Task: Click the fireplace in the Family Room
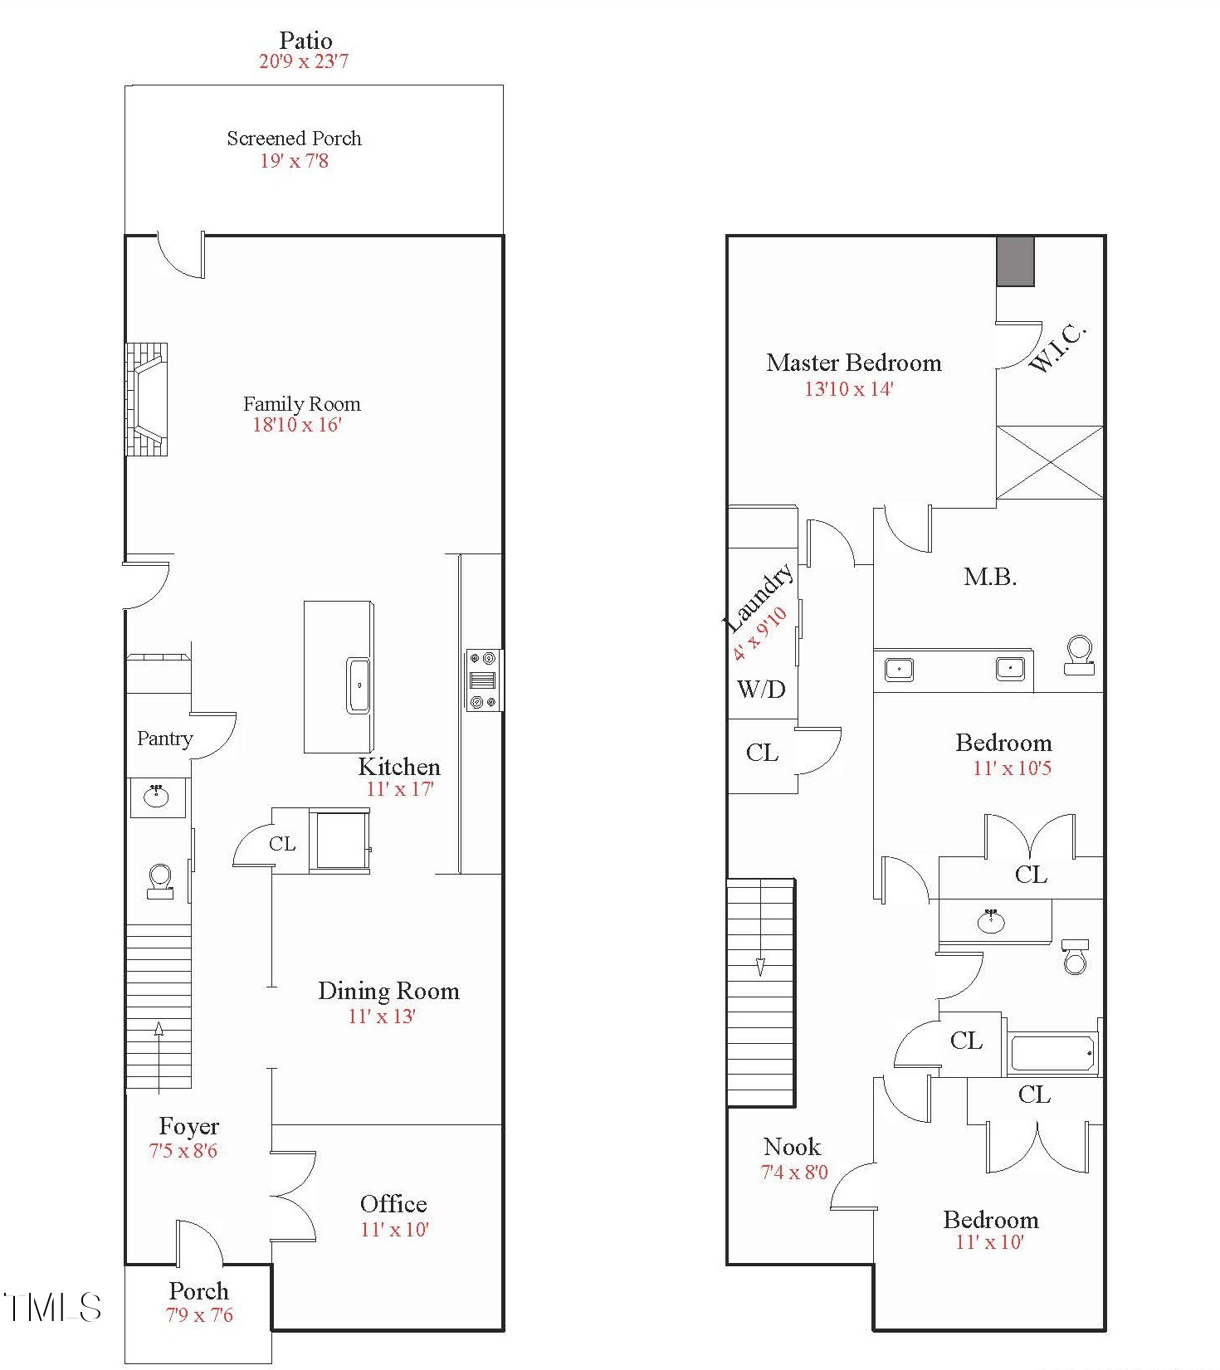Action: tap(147, 399)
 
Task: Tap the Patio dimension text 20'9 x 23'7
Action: tap(304, 61)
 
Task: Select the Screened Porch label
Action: tap(295, 139)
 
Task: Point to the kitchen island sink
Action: tap(359, 685)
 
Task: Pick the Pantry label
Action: tap(165, 739)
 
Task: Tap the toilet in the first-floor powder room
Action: tap(160, 881)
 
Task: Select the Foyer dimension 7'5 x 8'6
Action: tap(183, 1151)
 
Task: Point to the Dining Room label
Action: tap(388, 991)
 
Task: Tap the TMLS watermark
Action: tap(53, 1307)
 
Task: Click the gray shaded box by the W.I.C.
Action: tap(1015, 261)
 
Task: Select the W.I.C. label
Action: tap(1057, 348)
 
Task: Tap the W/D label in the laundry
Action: tap(761, 689)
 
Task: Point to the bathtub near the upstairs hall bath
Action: tap(1052, 1052)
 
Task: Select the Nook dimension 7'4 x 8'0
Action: tap(794, 1173)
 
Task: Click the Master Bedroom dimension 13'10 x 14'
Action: tap(849, 389)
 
